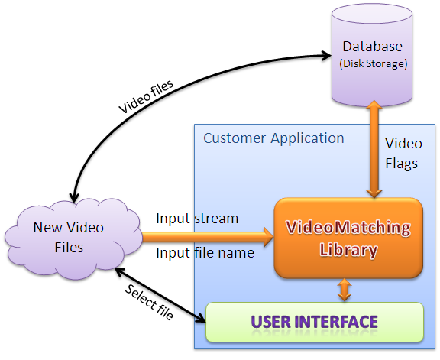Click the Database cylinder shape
tap(372, 55)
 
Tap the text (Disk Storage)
tap(374, 63)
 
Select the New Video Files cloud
tap(73, 238)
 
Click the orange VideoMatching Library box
tap(348, 238)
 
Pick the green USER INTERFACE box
tap(315, 322)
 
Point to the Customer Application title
tap(273, 138)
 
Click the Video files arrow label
tap(146, 96)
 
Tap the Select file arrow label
tap(149, 302)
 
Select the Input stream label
tap(197, 219)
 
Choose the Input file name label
tap(205, 253)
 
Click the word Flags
tap(401, 164)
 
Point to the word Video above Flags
tap(403, 144)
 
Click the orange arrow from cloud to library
tap(208, 237)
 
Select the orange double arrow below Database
tap(374, 149)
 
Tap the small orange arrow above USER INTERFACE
tap(345, 290)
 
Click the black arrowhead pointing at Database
tap(327, 56)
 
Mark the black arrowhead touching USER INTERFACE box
tap(201, 318)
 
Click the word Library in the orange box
tap(348, 250)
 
